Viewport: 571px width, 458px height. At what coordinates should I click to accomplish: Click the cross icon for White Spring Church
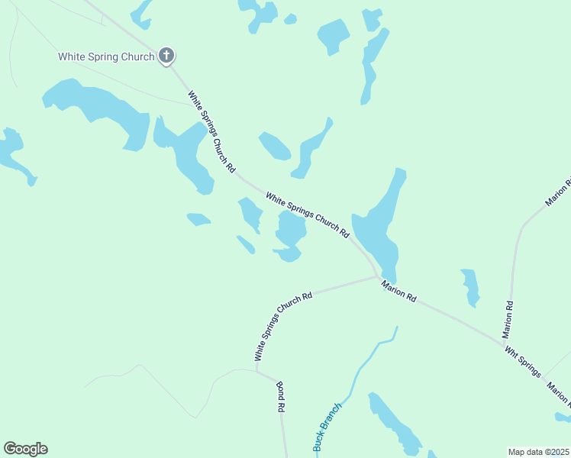pyautogui.click(x=166, y=56)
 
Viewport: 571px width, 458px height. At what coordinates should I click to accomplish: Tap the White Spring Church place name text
pyautogui.click(x=106, y=56)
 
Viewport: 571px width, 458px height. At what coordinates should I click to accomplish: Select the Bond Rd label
pyautogui.click(x=280, y=397)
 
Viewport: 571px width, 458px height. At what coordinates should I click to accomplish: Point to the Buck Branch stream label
pyautogui.click(x=327, y=427)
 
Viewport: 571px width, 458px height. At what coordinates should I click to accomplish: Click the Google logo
pyautogui.click(x=25, y=449)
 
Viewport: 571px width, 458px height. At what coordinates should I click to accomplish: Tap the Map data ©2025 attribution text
pyautogui.click(x=538, y=452)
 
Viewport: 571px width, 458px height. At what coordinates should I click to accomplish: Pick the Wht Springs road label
pyautogui.click(x=522, y=362)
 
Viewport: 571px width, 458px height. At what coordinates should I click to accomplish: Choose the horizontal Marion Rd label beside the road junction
pyautogui.click(x=399, y=291)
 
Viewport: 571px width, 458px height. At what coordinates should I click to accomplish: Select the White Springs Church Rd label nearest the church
pyautogui.click(x=211, y=131)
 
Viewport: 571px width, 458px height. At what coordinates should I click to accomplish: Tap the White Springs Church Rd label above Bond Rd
pyautogui.click(x=283, y=327)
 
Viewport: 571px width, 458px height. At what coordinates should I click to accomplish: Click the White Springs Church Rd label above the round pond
pyautogui.click(x=308, y=214)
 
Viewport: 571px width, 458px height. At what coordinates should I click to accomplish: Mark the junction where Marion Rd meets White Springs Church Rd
pyautogui.click(x=379, y=277)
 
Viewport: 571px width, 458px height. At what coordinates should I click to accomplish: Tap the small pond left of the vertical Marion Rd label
pyautogui.click(x=470, y=286)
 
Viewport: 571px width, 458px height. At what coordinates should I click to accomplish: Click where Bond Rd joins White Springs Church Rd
pyautogui.click(x=256, y=371)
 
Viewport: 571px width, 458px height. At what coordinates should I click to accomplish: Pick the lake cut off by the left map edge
pyautogui.click(x=14, y=153)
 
